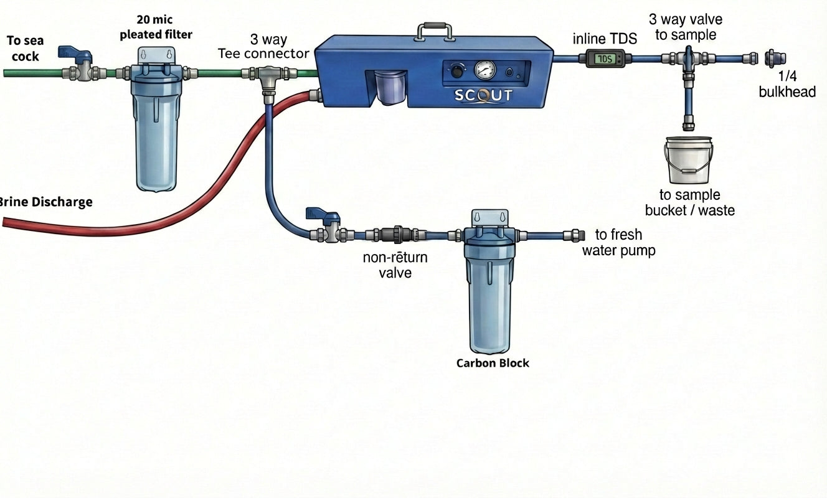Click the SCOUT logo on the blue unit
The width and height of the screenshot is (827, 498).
[x=483, y=95]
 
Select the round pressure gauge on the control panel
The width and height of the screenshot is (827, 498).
[x=484, y=70]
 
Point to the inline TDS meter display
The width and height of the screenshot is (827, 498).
[x=603, y=59]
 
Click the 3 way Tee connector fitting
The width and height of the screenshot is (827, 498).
[x=268, y=76]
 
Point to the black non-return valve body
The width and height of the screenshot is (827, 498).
[x=397, y=235]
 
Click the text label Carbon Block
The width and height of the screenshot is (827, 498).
[x=492, y=363]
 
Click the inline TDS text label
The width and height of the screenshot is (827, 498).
[x=605, y=39]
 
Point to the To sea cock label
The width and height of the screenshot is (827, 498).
[x=24, y=49]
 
